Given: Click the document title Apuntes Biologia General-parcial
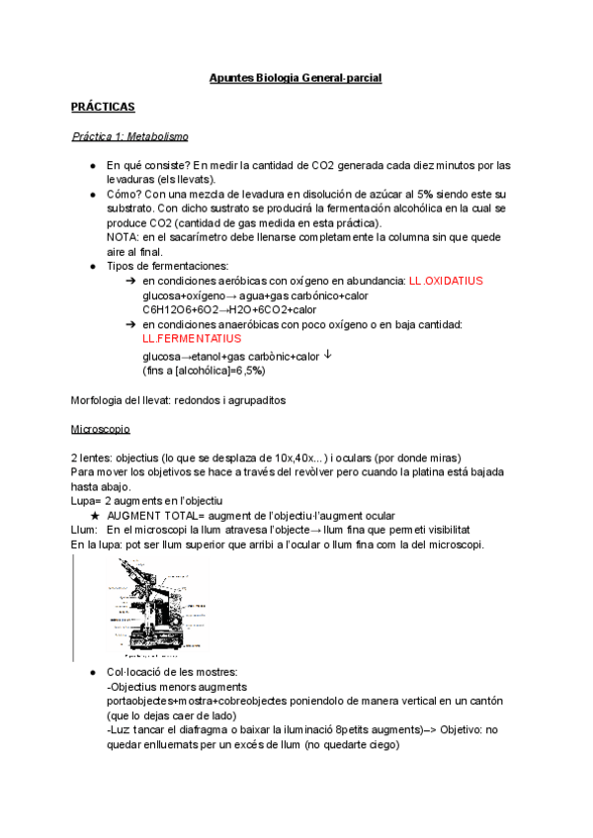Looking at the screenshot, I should click(296, 77).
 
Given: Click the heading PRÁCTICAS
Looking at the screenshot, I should click(103, 106).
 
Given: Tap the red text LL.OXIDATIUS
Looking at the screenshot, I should click(445, 281).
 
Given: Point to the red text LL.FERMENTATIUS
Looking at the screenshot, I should click(192, 338).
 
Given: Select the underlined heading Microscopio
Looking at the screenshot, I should click(101, 431).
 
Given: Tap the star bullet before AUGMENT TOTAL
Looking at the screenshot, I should click(93, 516).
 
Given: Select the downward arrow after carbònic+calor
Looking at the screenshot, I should click(328, 356).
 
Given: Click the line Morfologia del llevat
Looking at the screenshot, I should click(178, 399).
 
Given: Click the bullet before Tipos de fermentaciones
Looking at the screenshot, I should click(93, 267).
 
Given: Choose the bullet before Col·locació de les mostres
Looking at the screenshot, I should click(93, 672).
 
